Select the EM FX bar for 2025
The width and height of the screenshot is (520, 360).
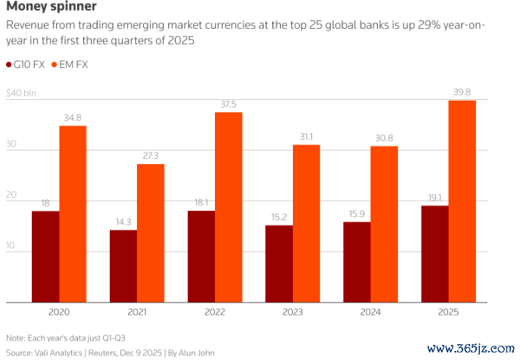tap(462, 201)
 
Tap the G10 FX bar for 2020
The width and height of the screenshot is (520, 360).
tap(46, 256)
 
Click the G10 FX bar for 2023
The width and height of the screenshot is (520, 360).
tap(279, 264)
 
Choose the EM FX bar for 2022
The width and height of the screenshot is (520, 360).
tap(229, 207)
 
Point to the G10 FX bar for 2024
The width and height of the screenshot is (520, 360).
tap(357, 262)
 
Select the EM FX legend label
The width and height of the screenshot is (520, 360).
tap(74, 65)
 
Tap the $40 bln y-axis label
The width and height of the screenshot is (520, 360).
tap(21, 94)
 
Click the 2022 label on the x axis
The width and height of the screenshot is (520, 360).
tap(216, 311)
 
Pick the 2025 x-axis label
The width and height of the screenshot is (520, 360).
tap(450, 311)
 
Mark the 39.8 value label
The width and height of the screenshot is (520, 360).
tap(462, 92)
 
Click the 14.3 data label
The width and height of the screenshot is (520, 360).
tap(124, 222)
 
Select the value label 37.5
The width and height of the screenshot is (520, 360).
tap(229, 104)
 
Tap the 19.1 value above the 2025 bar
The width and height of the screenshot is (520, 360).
tap(435, 197)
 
